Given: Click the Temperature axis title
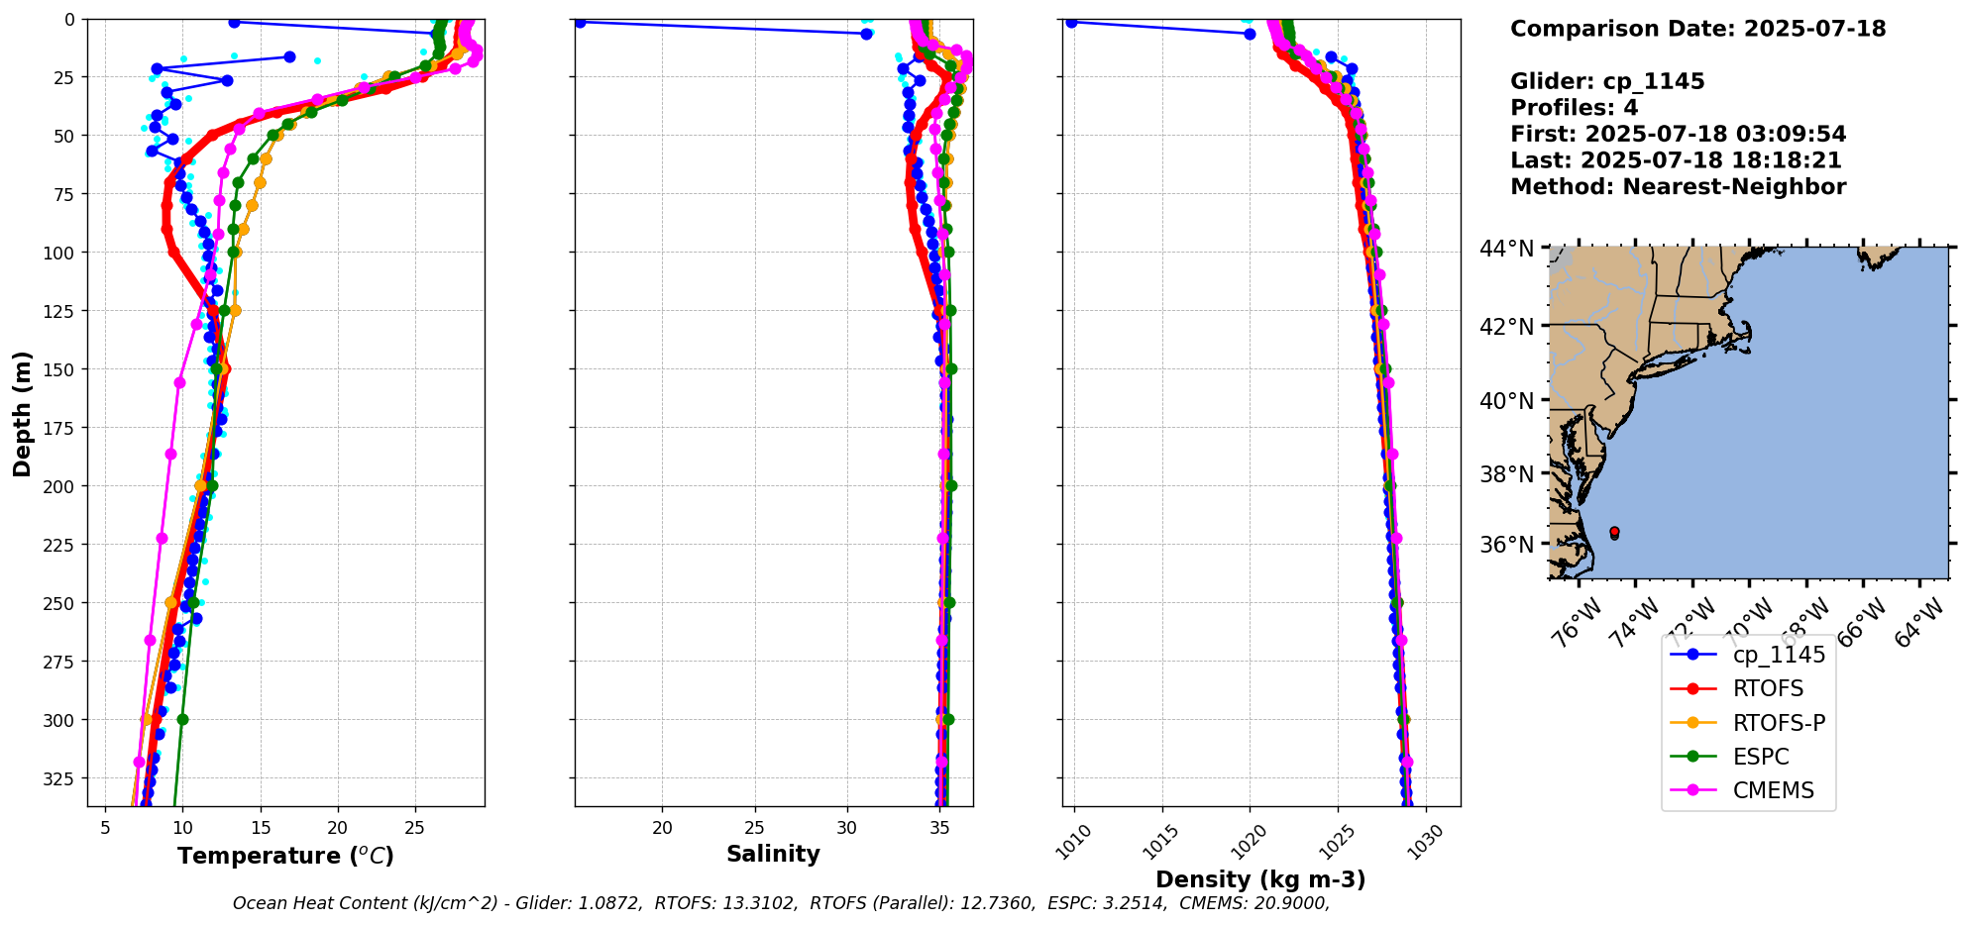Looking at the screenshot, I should pos(285,856).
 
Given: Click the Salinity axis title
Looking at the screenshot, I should pos(773,854).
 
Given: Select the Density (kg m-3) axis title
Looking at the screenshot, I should pos(1260,879).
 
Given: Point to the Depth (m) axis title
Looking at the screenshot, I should pos(22,413).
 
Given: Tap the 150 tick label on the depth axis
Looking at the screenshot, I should pos(61,369).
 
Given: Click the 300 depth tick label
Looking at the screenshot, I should pos(61,720).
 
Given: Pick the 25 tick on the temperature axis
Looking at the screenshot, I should pos(415,828).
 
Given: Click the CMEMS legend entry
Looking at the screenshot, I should pos(1773,790).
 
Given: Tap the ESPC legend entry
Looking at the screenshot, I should pos(1761,757).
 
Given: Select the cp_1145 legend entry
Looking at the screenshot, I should pos(1779,655).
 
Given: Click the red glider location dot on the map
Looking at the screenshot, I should pos(1614,533).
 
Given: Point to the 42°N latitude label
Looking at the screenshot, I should pos(1506,327).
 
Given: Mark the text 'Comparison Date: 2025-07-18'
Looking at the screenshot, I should pos(1697,29).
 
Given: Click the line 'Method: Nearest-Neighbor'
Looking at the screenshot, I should pos(1678,187).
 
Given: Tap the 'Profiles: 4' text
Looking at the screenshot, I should pos(1574,108).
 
